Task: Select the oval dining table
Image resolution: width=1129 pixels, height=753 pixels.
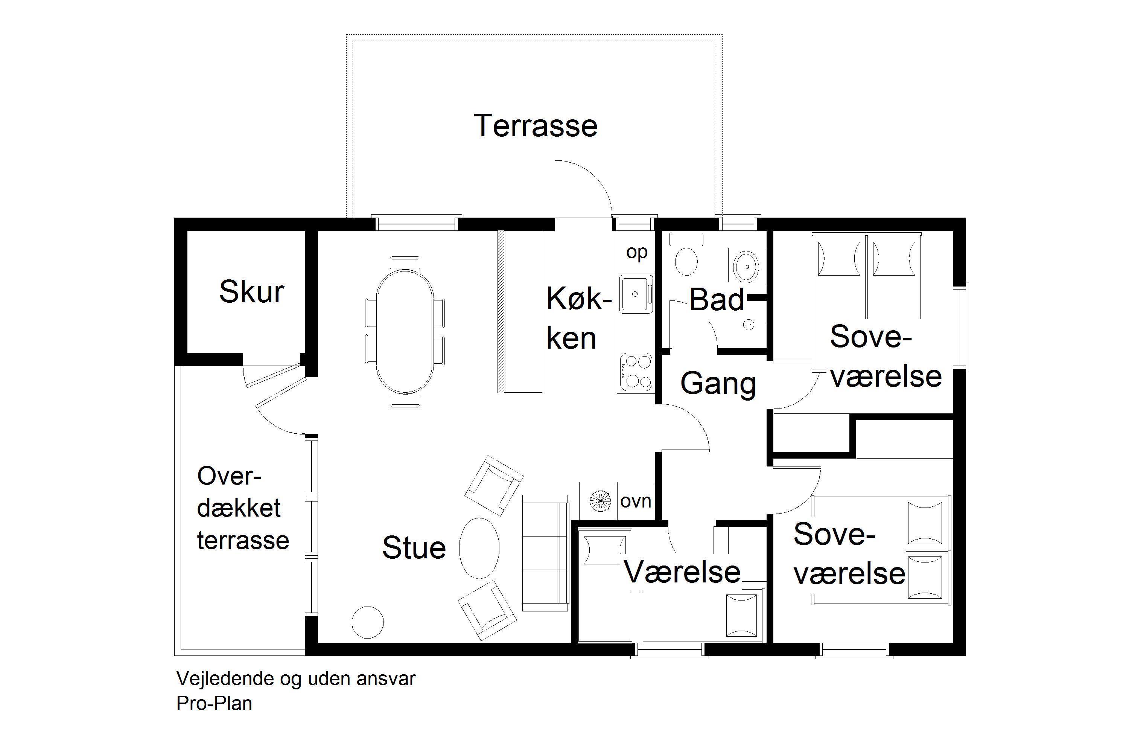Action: point(405,331)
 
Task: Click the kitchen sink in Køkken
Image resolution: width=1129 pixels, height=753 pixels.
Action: point(636,294)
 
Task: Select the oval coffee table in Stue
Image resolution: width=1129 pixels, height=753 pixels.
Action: point(479,548)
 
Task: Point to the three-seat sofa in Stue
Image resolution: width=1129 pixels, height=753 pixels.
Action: point(545,553)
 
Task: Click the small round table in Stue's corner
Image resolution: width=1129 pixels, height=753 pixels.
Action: point(368,622)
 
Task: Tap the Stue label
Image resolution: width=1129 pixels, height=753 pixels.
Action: point(414,547)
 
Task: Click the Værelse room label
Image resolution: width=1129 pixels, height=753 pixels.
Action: point(682,572)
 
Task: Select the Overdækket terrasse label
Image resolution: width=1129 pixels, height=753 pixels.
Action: point(243,508)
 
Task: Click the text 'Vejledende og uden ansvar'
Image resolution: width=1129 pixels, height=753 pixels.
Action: point(296,678)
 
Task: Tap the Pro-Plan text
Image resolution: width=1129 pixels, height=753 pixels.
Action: point(214,703)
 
